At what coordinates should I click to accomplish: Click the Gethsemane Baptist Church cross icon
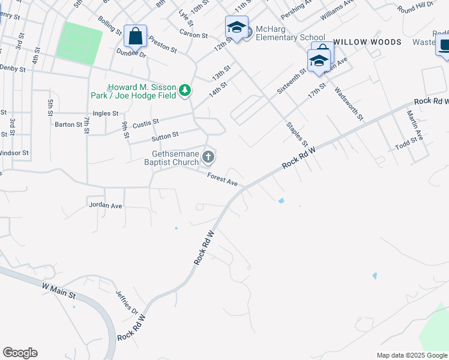[208, 157]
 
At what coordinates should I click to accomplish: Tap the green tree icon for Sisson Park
[186, 91]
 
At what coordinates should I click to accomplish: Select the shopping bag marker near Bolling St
[136, 35]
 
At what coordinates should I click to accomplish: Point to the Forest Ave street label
[223, 179]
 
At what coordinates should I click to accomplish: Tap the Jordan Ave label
[105, 205]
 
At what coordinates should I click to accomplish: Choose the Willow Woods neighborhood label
[367, 42]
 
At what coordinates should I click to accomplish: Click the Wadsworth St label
[349, 103]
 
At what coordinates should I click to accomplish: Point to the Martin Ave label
[415, 125]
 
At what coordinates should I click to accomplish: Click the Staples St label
[297, 135]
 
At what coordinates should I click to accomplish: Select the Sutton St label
[165, 137]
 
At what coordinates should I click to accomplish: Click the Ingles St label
[106, 113]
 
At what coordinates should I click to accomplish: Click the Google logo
[20, 353]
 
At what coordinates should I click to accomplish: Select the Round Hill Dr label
[414, 8]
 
